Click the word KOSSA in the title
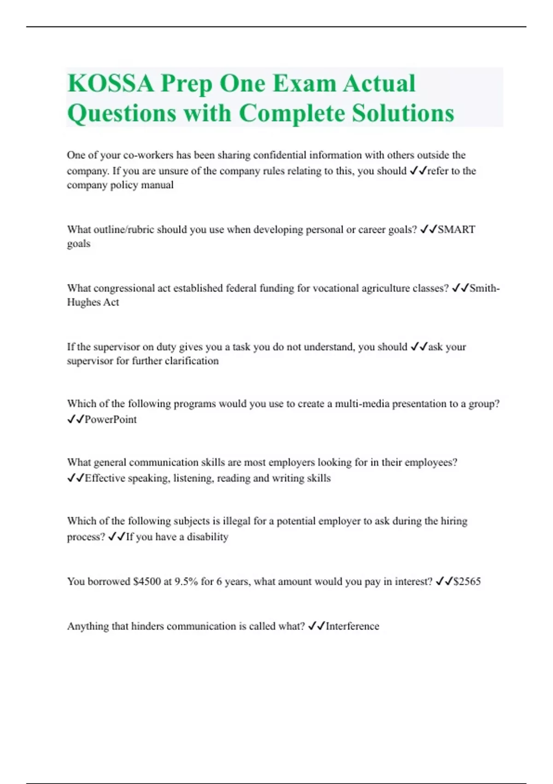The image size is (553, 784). point(111,84)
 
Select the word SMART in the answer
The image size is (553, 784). point(456,230)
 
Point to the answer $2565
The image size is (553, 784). point(467,582)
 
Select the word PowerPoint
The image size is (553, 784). point(111,420)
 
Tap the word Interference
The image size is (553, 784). point(352,626)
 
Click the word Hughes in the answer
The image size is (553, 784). point(81,303)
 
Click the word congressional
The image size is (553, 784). point(124,289)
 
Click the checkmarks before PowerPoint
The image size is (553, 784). point(75,420)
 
